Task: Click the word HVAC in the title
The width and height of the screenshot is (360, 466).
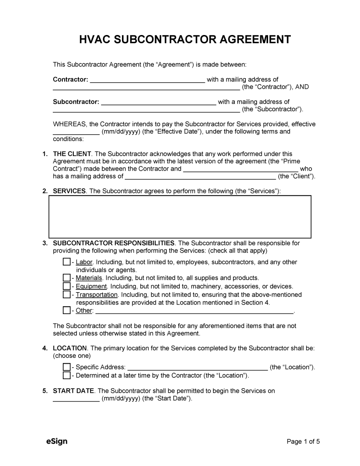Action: click(95, 40)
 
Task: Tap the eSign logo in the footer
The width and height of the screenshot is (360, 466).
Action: click(57, 441)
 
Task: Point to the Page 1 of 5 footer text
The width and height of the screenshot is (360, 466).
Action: click(303, 441)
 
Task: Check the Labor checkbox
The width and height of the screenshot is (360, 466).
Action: click(66, 262)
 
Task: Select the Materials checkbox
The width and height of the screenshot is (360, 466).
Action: click(66, 278)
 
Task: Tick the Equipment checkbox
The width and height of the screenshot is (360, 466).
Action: click(66, 286)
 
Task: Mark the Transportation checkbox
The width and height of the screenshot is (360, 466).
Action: click(66, 295)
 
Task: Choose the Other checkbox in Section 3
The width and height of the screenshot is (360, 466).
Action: click(66, 311)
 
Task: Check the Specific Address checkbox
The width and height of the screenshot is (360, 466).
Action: click(66, 367)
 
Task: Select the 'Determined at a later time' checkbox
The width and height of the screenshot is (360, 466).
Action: click(66, 375)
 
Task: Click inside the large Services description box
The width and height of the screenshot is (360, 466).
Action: click(180, 217)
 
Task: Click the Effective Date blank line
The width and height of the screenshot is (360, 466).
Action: click(76, 132)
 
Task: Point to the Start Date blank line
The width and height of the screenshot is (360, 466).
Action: click(76, 399)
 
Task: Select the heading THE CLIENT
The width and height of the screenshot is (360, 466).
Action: click(72, 154)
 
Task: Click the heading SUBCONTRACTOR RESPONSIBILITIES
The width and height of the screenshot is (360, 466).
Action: click(113, 243)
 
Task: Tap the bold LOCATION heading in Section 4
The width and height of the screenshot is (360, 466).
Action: click(70, 348)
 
